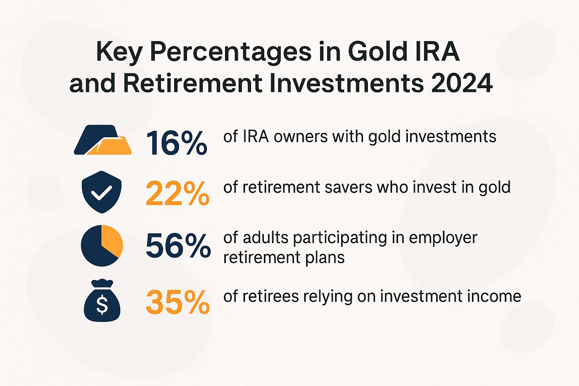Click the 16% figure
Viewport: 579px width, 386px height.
point(176,143)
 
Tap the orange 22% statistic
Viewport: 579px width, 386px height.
point(178,194)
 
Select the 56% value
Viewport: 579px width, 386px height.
point(178,246)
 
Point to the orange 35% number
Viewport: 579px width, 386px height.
point(178,302)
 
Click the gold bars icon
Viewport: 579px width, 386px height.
point(103,140)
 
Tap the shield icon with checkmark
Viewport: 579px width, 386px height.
point(101,192)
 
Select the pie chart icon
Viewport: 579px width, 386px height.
point(102,245)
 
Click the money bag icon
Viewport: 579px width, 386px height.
point(102,301)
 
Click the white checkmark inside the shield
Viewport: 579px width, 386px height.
point(101,193)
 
